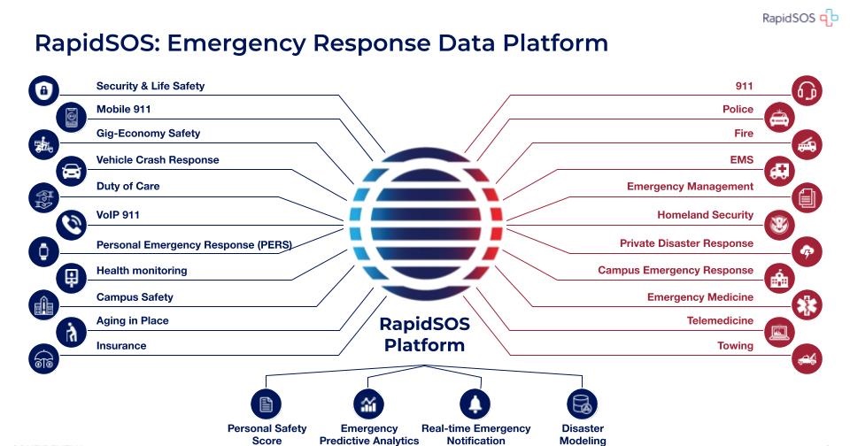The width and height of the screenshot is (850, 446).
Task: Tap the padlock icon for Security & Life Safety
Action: pyautogui.click(x=43, y=90)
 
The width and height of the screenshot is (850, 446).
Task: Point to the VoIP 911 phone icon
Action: pyautogui.click(x=70, y=224)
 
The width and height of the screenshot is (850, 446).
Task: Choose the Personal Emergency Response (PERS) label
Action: pyautogui.click(x=194, y=244)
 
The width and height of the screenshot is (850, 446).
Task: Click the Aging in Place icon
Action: pyautogui.click(x=70, y=332)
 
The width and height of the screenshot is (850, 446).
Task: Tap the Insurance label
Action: pyautogui.click(x=121, y=345)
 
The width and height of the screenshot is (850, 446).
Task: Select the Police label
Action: pyautogui.click(x=738, y=110)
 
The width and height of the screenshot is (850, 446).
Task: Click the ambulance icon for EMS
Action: pyautogui.click(x=781, y=169)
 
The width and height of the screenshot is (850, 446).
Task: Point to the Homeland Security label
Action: pyautogui.click(x=705, y=215)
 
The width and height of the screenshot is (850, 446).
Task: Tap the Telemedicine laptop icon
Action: pyautogui.click(x=781, y=332)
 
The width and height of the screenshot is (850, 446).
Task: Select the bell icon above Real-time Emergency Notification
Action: pyautogui.click(x=475, y=404)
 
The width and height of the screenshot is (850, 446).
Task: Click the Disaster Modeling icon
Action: pyautogui.click(x=582, y=404)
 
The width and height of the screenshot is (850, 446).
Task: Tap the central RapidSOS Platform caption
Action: pyautogui.click(x=424, y=334)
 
